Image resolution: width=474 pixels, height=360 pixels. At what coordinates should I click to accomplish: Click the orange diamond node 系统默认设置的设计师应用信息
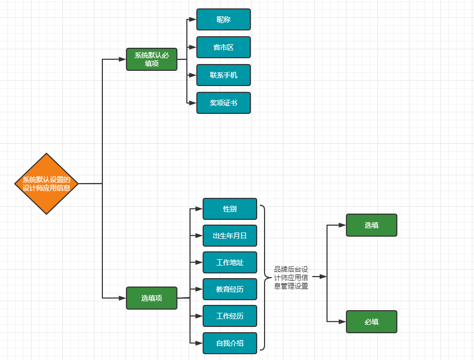47,184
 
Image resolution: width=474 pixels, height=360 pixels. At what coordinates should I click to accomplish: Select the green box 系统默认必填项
152,59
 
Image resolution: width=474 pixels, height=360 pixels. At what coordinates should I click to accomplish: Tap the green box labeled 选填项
152,298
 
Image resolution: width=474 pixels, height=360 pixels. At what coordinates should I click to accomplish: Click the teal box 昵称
224,19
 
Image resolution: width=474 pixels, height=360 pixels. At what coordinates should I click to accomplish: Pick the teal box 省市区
224,47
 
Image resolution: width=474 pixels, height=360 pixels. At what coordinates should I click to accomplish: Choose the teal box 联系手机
224,75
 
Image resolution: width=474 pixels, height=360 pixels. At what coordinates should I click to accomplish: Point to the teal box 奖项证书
224,103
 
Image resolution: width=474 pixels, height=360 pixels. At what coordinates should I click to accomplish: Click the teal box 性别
230,209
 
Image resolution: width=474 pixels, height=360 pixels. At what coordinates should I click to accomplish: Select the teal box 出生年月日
230,236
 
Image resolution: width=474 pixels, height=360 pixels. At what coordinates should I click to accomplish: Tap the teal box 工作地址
230,262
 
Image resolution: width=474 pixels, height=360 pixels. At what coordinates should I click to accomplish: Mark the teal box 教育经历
230,289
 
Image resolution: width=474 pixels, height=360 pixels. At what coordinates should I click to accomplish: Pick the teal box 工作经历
230,316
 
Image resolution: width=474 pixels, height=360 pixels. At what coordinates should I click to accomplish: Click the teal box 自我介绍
230,343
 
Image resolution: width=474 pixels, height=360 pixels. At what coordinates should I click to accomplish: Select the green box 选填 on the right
372,225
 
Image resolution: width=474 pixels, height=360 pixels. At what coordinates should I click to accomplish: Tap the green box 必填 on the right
372,322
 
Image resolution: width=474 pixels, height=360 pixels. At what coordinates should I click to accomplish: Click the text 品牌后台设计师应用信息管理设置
291,278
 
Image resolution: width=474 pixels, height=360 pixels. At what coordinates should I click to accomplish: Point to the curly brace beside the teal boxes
263,277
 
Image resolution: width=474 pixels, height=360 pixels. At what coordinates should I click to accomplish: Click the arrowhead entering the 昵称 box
193,19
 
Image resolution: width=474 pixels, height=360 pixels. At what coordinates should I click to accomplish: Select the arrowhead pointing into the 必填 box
342,322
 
